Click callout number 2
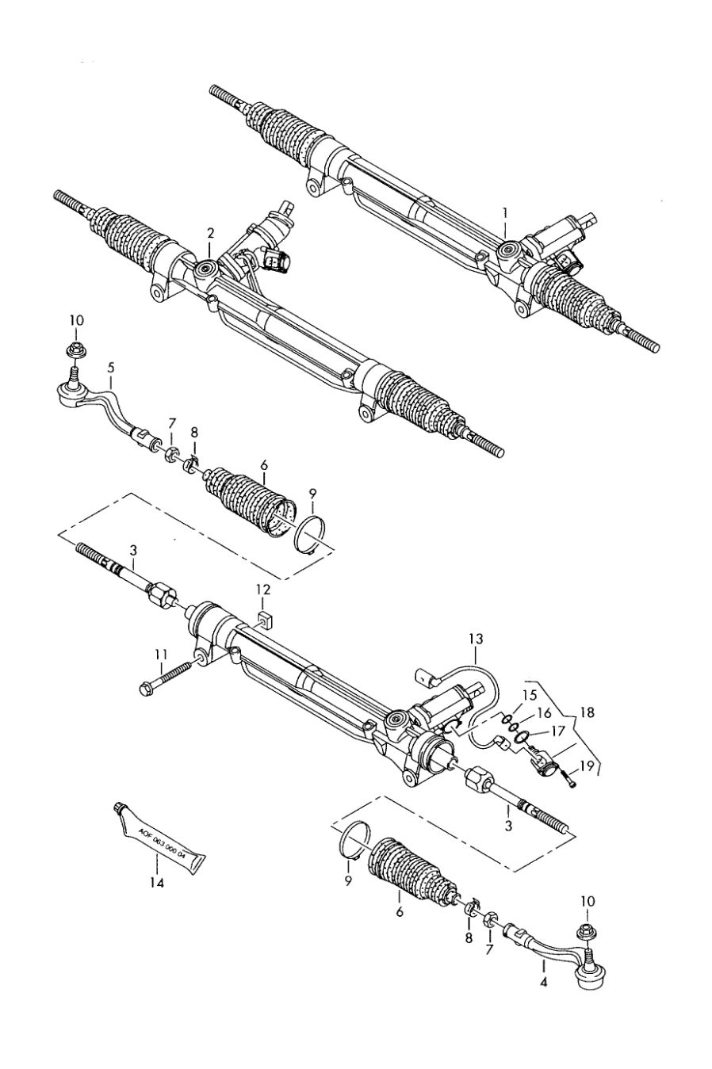[210, 233]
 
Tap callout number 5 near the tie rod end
[111, 368]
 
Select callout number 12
[262, 590]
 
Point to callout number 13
[476, 639]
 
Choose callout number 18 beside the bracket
[587, 712]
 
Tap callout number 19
[588, 766]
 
